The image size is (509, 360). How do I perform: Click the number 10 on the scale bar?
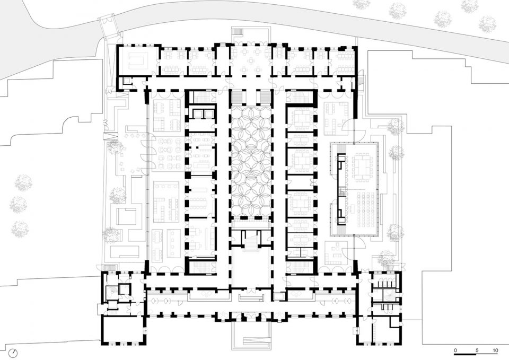click(495, 351)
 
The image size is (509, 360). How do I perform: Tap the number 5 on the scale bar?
click(476, 351)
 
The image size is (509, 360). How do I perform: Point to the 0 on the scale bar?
click(455, 351)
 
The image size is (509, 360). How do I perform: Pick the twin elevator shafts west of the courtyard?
click(201, 114)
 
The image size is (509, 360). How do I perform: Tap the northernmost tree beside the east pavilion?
click(395, 126)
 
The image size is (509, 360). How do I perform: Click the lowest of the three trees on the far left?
click(20, 229)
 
